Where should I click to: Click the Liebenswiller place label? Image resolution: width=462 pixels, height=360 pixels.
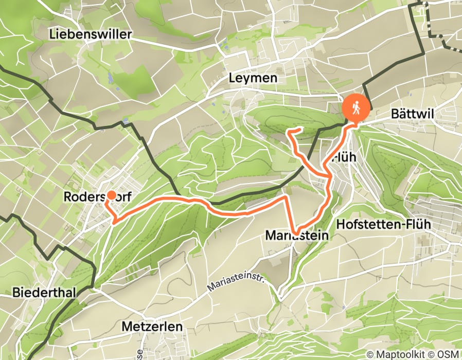click(91, 34)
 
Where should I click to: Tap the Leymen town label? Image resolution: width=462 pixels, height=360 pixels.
click(253, 78)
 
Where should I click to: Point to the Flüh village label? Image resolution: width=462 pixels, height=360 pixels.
click(344, 157)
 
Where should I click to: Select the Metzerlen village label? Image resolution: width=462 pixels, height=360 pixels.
click(152, 326)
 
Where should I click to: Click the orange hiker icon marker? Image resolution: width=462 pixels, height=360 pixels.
click(356, 109)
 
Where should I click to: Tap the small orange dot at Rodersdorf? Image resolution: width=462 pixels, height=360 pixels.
click(111, 195)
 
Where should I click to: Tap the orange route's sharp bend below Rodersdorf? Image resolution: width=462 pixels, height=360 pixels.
click(113, 222)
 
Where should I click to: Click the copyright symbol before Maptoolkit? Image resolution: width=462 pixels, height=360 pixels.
click(370, 354)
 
